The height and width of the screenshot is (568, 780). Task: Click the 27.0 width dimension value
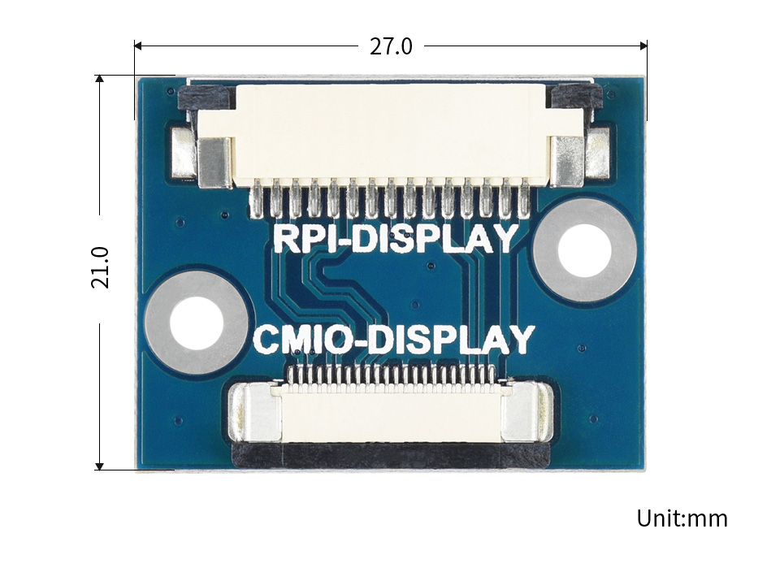click(x=391, y=46)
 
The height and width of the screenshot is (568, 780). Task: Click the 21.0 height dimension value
click(x=100, y=267)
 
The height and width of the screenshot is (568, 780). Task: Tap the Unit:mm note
click(x=682, y=518)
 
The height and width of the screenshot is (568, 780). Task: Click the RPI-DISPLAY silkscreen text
click(x=395, y=239)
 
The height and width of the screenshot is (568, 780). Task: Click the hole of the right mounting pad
click(x=584, y=250)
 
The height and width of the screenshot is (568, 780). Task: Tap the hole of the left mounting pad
click(x=197, y=323)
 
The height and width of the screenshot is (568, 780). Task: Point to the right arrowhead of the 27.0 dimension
click(x=643, y=46)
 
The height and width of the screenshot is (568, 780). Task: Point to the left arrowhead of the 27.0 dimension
click(x=138, y=46)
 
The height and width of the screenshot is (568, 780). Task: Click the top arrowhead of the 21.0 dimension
click(x=99, y=79)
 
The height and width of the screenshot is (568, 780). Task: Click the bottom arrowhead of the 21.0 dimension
click(x=99, y=466)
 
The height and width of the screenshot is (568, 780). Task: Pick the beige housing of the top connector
click(x=390, y=134)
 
